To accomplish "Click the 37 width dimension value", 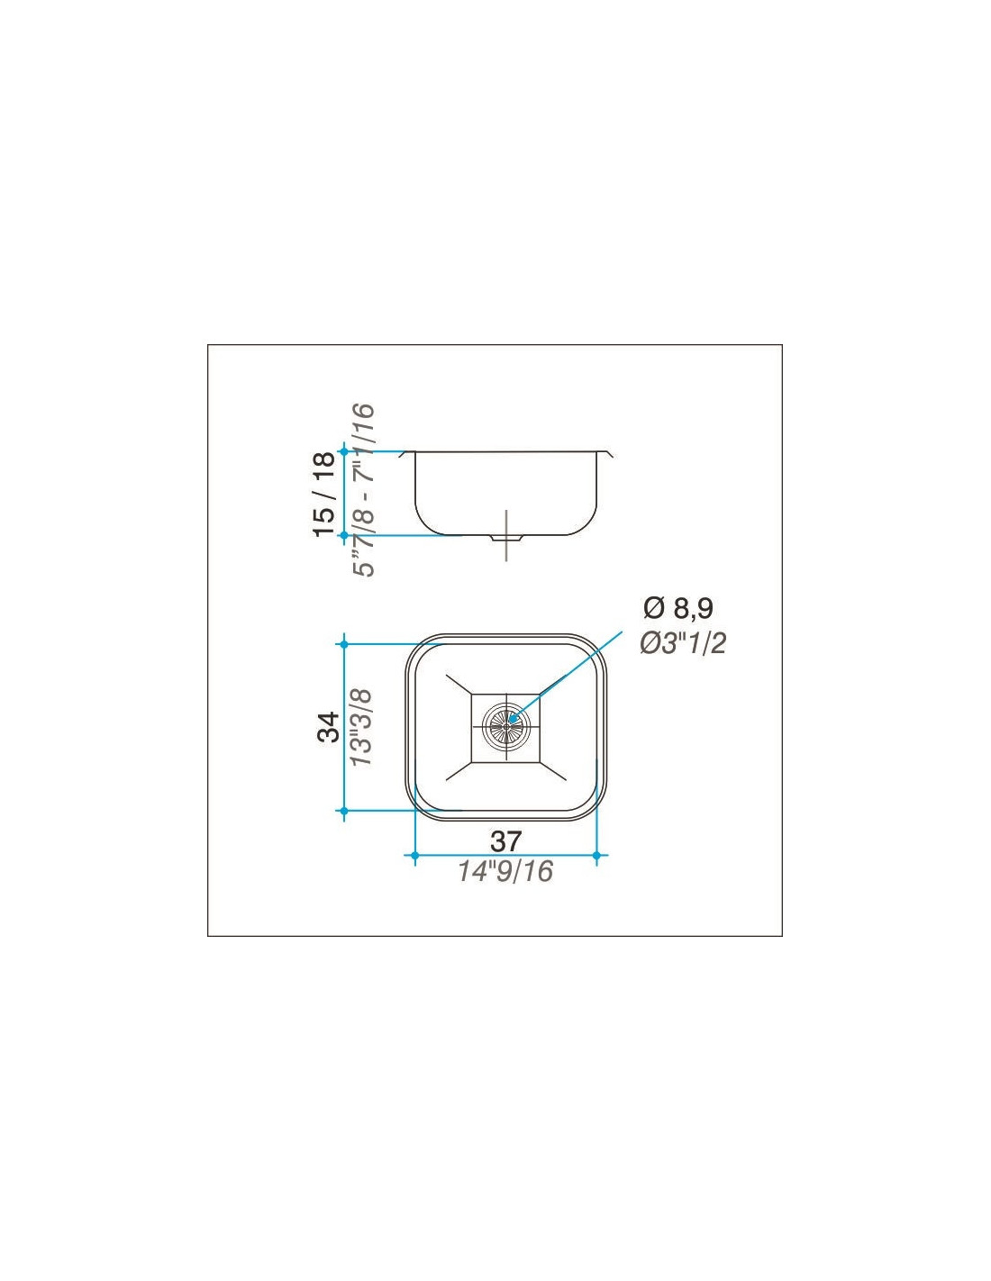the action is click(x=505, y=840).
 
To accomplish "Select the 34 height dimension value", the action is click(x=328, y=727).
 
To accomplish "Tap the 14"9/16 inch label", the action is click(x=505, y=871).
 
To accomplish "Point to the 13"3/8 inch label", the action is click(x=361, y=728).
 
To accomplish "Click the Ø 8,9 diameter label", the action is click(x=678, y=608).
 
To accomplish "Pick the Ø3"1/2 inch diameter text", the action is click(x=683, y=644).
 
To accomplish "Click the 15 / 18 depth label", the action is click(x=325, y=494).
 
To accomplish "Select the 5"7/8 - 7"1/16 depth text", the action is click(x=363, y=490).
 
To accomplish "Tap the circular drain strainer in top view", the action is click(x=505, y=726).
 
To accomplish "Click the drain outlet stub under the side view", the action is click(x=505, y=539).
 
